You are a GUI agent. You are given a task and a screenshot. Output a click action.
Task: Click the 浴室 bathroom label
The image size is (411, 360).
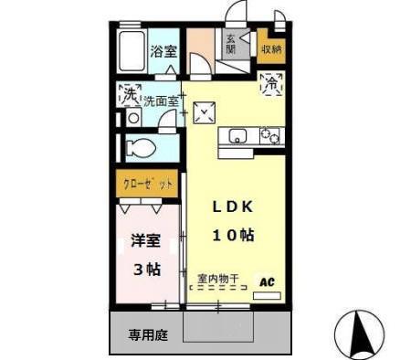pos(163,52)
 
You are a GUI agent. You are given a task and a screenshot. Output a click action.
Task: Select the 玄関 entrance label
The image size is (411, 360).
pos(231,43)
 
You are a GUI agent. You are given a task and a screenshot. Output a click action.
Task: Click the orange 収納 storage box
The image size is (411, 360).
pos(270,48)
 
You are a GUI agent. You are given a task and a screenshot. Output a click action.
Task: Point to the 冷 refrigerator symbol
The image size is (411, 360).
pos(271,83)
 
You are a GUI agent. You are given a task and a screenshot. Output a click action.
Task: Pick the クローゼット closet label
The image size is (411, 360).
pos(148,185)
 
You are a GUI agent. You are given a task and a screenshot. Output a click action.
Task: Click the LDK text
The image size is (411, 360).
pos(233,206)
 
